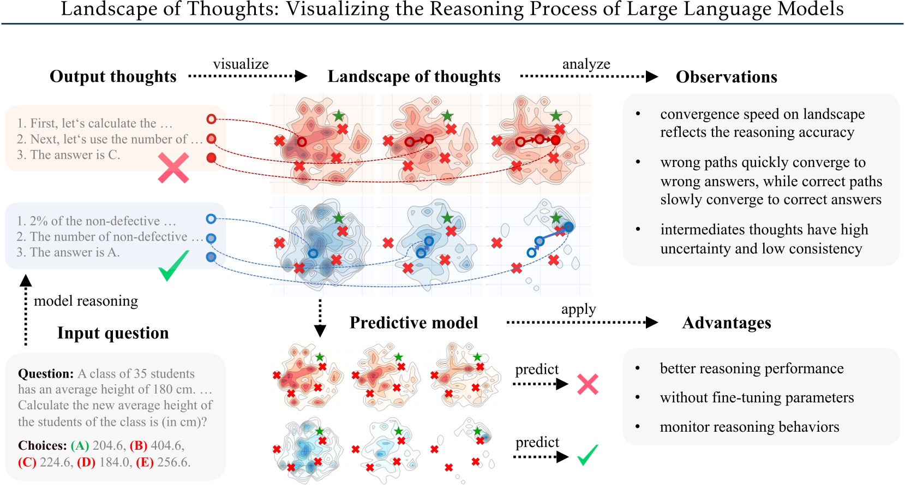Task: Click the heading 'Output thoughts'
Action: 113,76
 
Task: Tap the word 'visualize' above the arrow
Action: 241,64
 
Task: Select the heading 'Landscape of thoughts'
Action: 413,76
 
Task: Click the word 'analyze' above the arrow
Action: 586,64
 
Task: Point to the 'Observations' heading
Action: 726,77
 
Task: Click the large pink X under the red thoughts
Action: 173,168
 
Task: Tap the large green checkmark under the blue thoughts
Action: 173,265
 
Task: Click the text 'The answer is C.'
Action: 75,155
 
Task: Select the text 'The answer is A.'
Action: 75,252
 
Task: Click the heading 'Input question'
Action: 113,333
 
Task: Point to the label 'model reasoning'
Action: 86,301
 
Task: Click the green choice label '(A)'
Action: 80,445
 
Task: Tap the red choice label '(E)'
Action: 145,462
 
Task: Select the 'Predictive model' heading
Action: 413,323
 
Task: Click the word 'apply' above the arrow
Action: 578,309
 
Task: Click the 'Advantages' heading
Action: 726,323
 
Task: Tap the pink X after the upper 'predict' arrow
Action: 588,384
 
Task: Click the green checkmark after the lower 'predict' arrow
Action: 588,455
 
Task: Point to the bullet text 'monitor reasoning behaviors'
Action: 749,427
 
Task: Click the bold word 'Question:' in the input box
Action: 45,374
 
